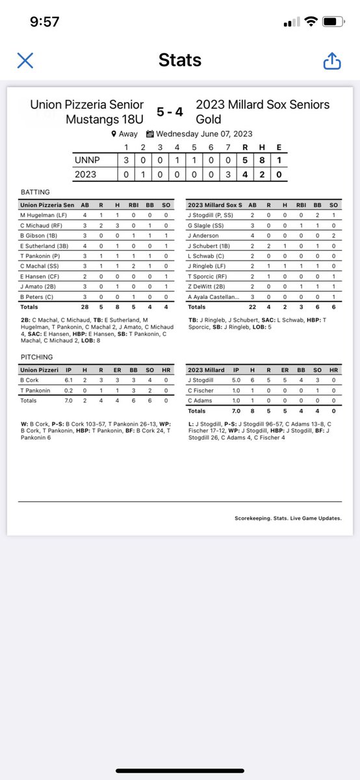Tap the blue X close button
click(x=25, y=60)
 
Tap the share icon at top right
click(x=331, y=60)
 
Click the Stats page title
click(x=179, y=60)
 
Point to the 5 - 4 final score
click(x=170, y=112)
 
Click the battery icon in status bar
click(x=333, y=21)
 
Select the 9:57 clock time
click(x=45, y=21)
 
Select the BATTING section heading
click(x=35, y=192)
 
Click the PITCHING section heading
click(x=36, y=357)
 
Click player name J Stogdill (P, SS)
click(x=211, y=214)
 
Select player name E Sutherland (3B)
click(x=44, y=245)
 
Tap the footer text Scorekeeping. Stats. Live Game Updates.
click(x=288, y=518)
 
